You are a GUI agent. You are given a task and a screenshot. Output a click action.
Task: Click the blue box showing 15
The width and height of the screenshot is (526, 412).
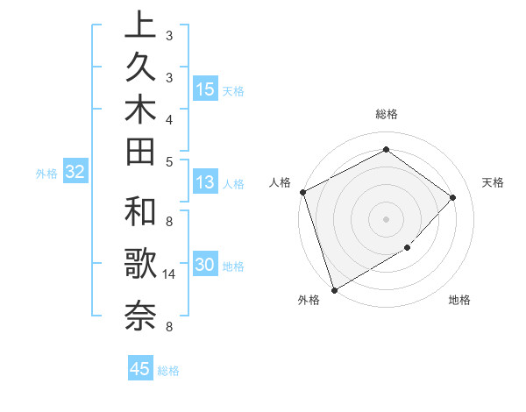[x=205, y=89]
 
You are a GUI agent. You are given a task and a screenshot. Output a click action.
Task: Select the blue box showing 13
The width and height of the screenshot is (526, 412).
[x=205, y=183]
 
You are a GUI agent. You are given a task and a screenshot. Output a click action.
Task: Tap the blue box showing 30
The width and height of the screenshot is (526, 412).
[x=205, y=266]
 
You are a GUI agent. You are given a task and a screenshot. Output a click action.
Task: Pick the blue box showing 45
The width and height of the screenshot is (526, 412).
[x=140, y=369]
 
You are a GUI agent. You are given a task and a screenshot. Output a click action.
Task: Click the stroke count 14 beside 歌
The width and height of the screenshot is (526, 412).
[x=168, y=274]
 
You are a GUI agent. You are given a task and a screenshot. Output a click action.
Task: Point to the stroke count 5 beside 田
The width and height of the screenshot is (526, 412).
[x=168, y=161]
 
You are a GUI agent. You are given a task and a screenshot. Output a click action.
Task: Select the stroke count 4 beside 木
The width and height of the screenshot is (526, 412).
[x=168, y=118]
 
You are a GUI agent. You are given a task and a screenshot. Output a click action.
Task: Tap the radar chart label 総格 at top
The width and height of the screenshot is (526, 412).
[x=386, y=114]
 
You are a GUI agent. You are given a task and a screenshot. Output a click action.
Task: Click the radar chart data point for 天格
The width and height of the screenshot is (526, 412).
[x=453, y=197]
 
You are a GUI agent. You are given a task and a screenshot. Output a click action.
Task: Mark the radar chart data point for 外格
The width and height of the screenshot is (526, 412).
[x=335, y=289]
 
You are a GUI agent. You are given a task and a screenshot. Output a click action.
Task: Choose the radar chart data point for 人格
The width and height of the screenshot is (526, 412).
[x=302, y=192]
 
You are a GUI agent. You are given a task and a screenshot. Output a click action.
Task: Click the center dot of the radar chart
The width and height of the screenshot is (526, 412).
[x=386, y=219]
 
